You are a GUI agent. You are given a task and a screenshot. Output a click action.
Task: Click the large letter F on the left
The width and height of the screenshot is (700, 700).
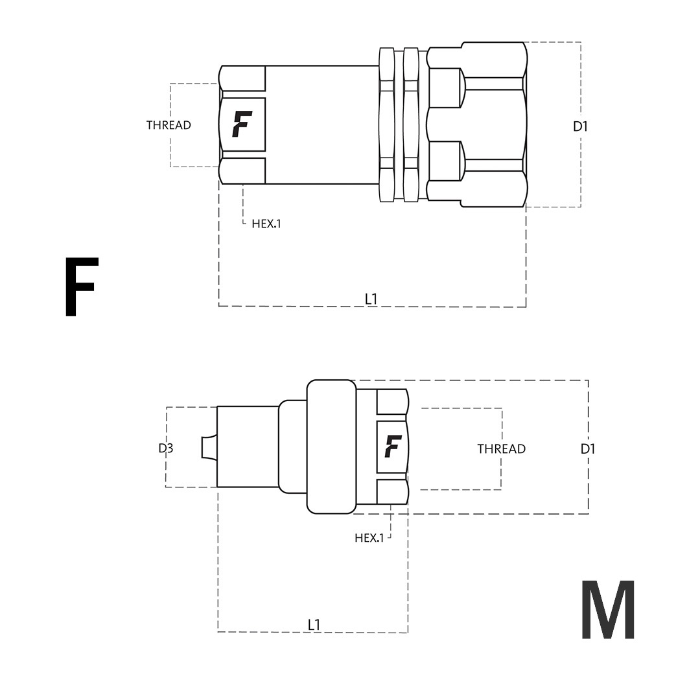pyautogui.click(x=81, y=286)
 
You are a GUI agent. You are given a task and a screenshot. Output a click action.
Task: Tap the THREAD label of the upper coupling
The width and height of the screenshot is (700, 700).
pyautogui.click(x=169, y=125)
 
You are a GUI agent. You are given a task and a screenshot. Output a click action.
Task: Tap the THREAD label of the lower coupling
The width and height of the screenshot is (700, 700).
pyautogui.click(x=501, y=449)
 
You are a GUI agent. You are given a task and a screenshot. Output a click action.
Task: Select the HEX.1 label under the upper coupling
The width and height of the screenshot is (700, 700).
pyautogui.click(x=266, y=224)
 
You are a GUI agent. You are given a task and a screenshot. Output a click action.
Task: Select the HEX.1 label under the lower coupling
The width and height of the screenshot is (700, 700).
pyautogui.click(x=369, y=538)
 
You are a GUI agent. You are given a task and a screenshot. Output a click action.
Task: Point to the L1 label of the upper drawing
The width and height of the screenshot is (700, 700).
pyautogui.click(x=371, y=299)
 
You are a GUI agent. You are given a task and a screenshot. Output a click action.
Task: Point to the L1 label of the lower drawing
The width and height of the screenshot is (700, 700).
pyautogui.click(x=314, y=625)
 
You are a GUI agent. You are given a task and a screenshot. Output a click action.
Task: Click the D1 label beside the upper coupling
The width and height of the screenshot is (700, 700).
pyautogui.click(x=580, y=127)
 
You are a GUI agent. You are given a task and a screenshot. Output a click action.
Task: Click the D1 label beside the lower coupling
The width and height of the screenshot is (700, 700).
pyautogui.click(x=588, y=449)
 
